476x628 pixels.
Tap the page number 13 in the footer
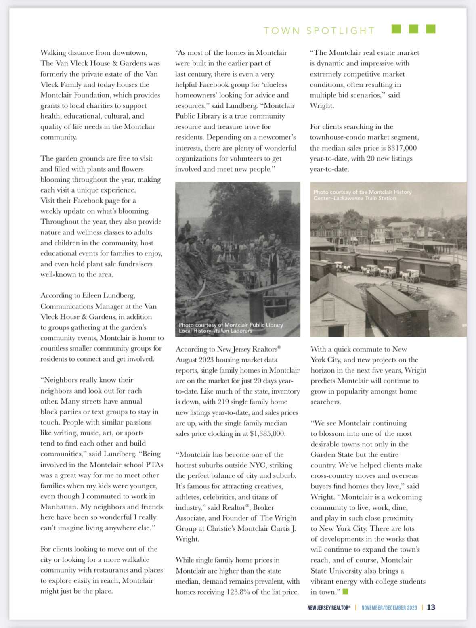431,607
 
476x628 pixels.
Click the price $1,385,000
268,434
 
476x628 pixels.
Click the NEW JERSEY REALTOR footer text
329,608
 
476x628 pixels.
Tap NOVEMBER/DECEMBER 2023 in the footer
389,608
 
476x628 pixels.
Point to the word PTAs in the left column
153,465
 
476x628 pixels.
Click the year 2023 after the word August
208,360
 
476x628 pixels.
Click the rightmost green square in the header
431,29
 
